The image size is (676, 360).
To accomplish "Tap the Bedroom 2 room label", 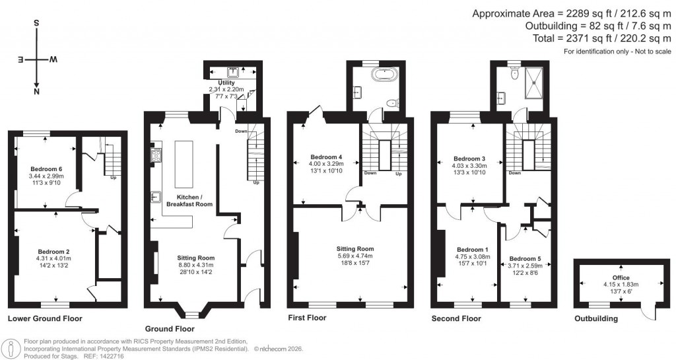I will click(50, 251).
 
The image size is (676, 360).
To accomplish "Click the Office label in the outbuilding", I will click(621, 278).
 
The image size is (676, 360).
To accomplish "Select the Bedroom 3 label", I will click(469, 159).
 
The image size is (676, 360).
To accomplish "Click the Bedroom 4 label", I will click(326, 157).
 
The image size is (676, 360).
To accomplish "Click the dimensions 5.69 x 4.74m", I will click(356, 256).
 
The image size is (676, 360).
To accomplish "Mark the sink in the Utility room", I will click(232, 71).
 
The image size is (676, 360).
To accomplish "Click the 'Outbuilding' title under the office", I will click(595, 318).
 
